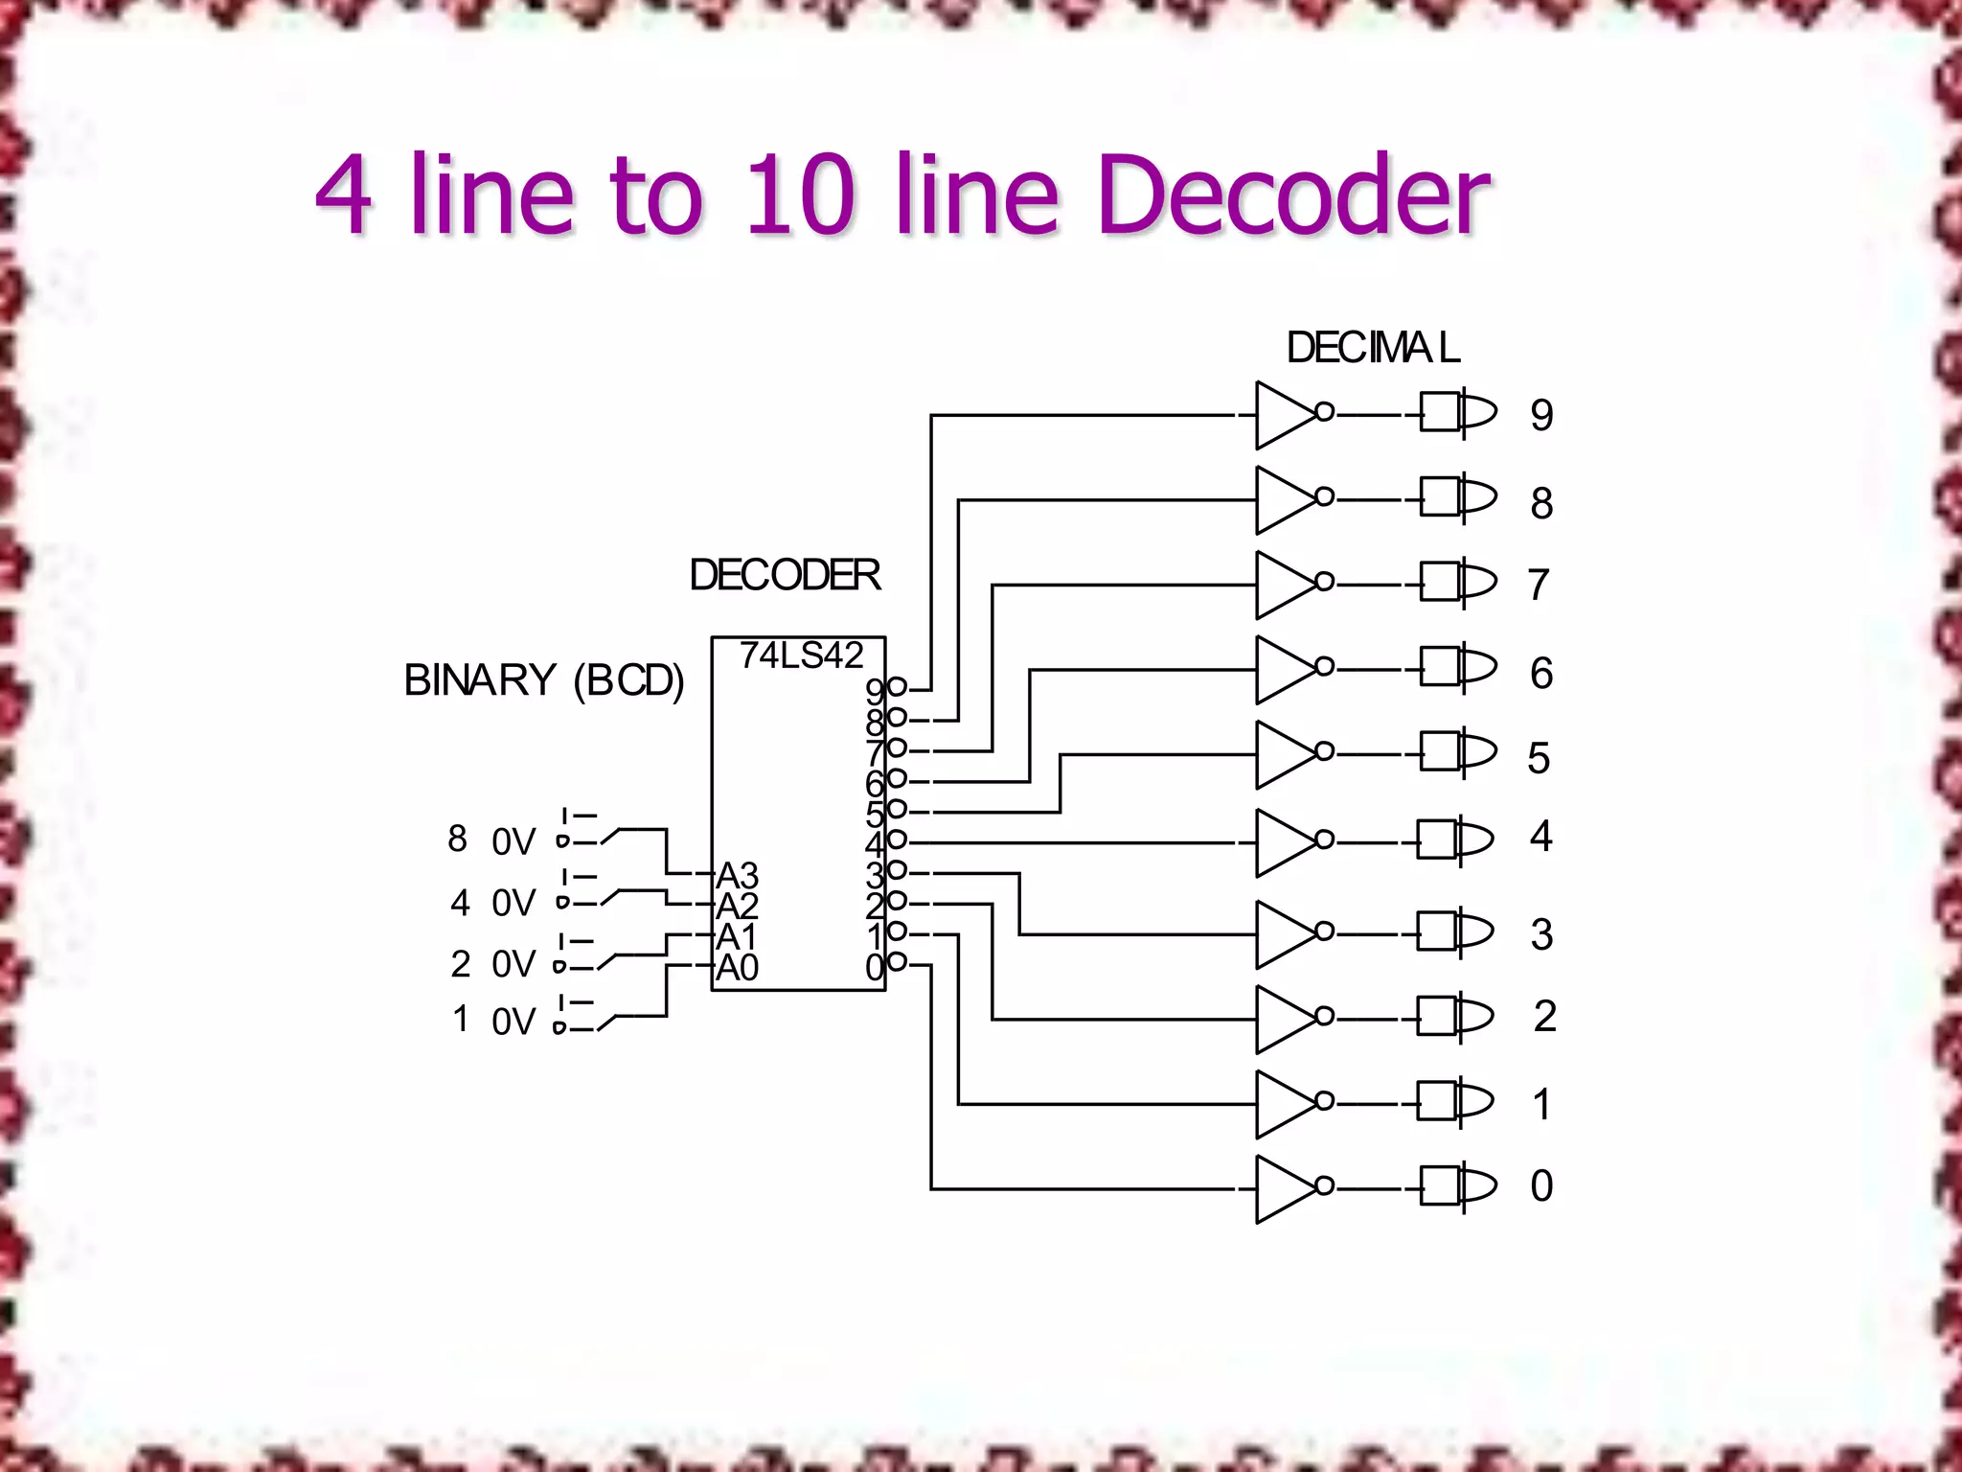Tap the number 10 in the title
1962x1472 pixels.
(800, 195)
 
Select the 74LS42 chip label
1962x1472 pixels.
(801, 655)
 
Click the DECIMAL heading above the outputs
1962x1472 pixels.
(1373, 348)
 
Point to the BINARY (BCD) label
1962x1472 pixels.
(543, 680)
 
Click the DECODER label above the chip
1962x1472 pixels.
(785, 575)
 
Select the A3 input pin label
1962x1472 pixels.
(737, 875)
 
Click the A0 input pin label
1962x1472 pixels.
(737, 968)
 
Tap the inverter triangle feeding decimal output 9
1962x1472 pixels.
(1284, 415)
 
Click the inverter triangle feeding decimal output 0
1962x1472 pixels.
(1284, 1189)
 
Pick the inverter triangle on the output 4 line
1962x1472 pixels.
(1284, 842)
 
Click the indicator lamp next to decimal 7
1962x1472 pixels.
(1457, 582)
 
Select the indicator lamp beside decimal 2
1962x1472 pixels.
(1455, 1017)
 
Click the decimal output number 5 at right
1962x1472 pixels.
(1539, 758)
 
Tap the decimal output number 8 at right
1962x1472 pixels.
(1541, 503)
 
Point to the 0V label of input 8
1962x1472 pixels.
(513, 842)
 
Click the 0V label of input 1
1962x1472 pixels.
(513, 1022)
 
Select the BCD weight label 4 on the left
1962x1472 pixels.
(460, 903)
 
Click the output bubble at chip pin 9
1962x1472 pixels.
(898, 686)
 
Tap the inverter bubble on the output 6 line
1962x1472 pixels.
(1325, 666)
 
